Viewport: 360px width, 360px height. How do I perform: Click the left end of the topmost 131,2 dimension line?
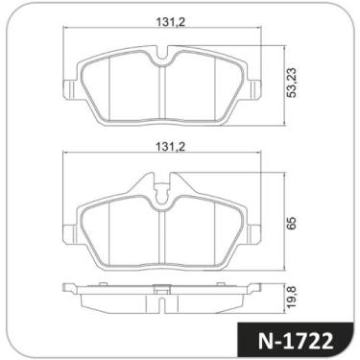[65, 29]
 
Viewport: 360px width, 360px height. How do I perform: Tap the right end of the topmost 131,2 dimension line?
[263, 29]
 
